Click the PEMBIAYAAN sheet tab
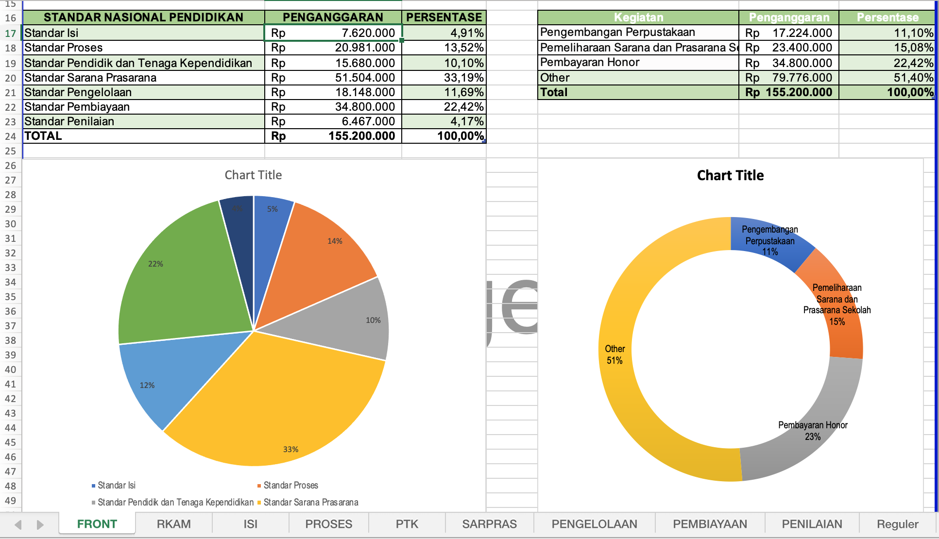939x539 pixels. (x=710, y=524)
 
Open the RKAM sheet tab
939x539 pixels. (x=173, y=524)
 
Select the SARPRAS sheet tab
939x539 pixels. (x=489, y=524)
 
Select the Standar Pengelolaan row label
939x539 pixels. (x=78, y=92)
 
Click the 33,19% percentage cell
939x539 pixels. (x=463, y=78)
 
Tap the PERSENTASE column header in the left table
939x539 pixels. (x=444, y=17)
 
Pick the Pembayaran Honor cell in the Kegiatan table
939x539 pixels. (x=590, y=63)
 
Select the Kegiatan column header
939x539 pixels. (x=638, y=17)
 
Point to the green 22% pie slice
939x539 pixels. (x=180, y=282)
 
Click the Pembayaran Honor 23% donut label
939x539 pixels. (x=813, y=431)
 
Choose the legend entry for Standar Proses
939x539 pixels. (x=290, y=485)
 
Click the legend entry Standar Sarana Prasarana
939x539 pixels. (x=311, y=502)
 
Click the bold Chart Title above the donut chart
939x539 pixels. (x=730, y=175)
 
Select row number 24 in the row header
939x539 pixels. (x=11, y=136)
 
